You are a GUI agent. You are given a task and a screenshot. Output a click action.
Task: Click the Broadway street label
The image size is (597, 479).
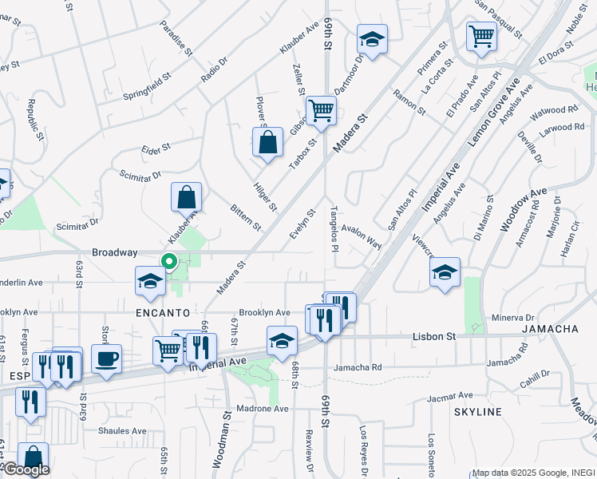(x=114, y=252)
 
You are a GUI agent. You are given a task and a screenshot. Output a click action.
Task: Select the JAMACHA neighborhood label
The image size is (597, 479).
(x=550, y=329)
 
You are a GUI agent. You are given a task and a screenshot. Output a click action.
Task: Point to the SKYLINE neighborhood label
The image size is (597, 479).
(x=478, y=412)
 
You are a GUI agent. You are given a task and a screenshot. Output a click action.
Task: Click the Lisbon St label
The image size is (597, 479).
(x=433, y=337)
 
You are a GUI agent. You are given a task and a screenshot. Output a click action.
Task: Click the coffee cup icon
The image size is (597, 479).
(x=106, y=358)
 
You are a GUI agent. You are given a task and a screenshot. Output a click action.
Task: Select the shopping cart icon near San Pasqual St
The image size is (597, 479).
(x=481, y=36)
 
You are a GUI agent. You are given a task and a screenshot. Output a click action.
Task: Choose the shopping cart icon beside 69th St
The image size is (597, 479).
(x=321, y=109)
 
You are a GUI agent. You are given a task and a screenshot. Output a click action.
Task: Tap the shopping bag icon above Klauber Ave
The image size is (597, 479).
(x=186, y=196)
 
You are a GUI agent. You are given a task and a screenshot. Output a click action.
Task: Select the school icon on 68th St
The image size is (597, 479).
(x=282, y=340)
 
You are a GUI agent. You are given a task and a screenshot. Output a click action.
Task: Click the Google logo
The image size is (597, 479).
(x=26, y=469)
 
